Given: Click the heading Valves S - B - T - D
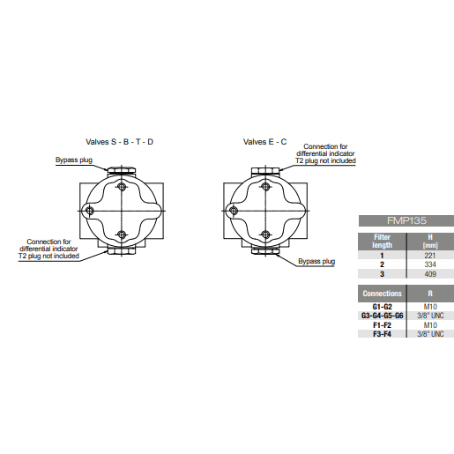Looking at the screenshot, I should pyautogui.click(x=119, y=141).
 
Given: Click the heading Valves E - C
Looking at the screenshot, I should pyautogui.click(x=264, y=141).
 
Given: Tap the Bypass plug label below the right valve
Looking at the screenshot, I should pyautogui.click(x=316, y=262).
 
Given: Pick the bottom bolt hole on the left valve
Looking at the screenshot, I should pyautogui.click(x=122, y=234).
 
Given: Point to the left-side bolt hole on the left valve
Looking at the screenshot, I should pyautogui.click(x=90, y=209).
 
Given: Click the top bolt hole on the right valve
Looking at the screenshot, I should pyautogui.click(x=264, y=187).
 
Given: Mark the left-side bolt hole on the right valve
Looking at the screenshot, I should pyautogui.click(x=234, y=209).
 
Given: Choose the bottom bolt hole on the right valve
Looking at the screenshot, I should pyautogui.click(x=264, y=234).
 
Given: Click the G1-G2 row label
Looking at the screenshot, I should pyautogui.click(x=382, y=306).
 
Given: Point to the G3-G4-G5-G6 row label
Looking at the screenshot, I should pyautogui.click(x=382, y=315).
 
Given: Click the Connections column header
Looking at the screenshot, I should pyautogui.click(x=382, y=293).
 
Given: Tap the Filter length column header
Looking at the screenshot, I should pyautogui.click(x=382, y=241).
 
